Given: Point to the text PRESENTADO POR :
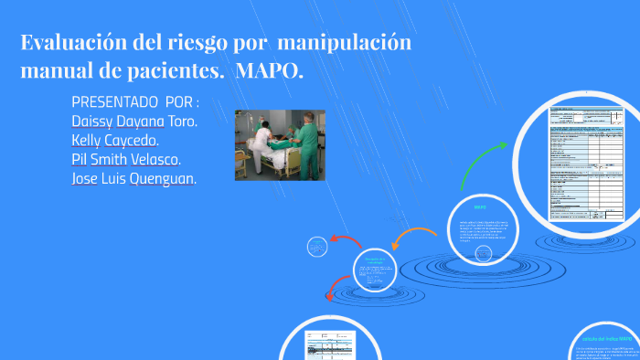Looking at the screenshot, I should (134, 101).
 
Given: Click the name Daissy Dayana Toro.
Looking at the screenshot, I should (133, 121).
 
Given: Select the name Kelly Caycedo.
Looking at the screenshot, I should (115, 140).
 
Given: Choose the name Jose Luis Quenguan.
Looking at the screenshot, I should (133, 178).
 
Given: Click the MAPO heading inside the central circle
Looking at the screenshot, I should (479, 208).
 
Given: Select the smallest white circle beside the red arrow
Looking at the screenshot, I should (315, 248).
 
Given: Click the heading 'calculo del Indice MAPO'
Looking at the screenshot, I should (606, 337).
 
